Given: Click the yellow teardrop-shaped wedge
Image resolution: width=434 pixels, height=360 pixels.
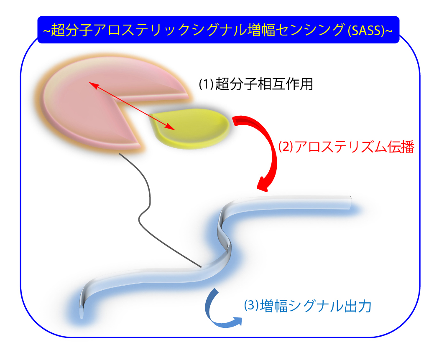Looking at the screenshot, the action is pos(191,127).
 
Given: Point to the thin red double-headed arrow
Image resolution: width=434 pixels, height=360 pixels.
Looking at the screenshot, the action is pos(132,106).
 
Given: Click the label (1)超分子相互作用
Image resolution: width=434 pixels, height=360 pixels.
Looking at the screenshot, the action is pos(256,84).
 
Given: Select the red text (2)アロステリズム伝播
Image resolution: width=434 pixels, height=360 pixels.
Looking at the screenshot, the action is pos(346,147).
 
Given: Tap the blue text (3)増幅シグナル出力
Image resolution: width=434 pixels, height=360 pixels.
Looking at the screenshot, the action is pos(307,306).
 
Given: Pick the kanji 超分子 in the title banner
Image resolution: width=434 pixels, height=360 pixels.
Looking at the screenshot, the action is pos(72,30).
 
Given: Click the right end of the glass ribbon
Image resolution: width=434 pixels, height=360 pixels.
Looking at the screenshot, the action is pos(350,203).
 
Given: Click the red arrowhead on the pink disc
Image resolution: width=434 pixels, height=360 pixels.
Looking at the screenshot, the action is pos(93,84).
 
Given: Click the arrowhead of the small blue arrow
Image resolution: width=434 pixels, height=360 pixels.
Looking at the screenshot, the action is pos(237,321).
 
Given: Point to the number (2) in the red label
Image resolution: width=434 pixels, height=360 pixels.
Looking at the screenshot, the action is pos(286,147).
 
